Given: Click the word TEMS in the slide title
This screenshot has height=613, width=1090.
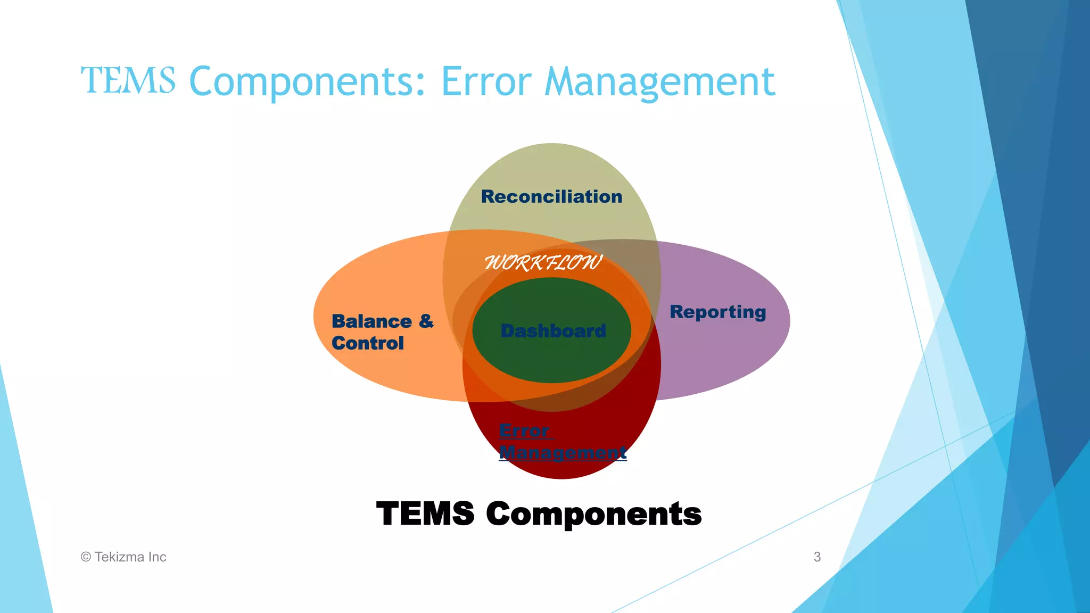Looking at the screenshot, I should [x=128, y=81].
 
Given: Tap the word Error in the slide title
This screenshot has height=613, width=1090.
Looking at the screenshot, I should [x=486, y=82].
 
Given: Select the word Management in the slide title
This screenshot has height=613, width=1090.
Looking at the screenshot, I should [x=659, y=83].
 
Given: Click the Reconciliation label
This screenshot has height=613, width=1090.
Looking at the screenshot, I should [x=551, y=197].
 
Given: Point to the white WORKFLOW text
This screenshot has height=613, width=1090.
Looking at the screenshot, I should [x=543, y=262].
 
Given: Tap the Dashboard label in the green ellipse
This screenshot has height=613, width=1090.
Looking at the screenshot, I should [x=553, y=331].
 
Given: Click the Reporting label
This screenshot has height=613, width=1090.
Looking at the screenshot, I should [x=717, y=312].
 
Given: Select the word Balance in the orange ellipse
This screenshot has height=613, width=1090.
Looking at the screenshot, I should [x=371, y=321].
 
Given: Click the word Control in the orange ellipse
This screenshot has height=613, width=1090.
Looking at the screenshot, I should [x=367, y=343].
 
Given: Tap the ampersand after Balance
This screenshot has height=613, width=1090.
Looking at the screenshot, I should [x=426, y=321].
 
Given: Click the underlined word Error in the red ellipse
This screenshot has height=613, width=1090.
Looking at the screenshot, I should [x=524, y=430].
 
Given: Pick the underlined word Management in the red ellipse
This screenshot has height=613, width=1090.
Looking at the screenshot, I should [x=563, y=452].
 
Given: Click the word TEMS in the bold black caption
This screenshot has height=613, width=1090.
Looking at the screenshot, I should [x=425, y=514].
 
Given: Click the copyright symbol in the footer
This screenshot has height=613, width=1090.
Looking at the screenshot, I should [x=86, y=557].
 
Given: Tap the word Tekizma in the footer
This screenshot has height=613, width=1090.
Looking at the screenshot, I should [x=119, y=557].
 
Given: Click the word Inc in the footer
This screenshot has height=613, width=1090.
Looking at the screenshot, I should [x=157, y=557].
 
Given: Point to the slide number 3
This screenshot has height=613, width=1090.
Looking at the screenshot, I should [x=817, y=557].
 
